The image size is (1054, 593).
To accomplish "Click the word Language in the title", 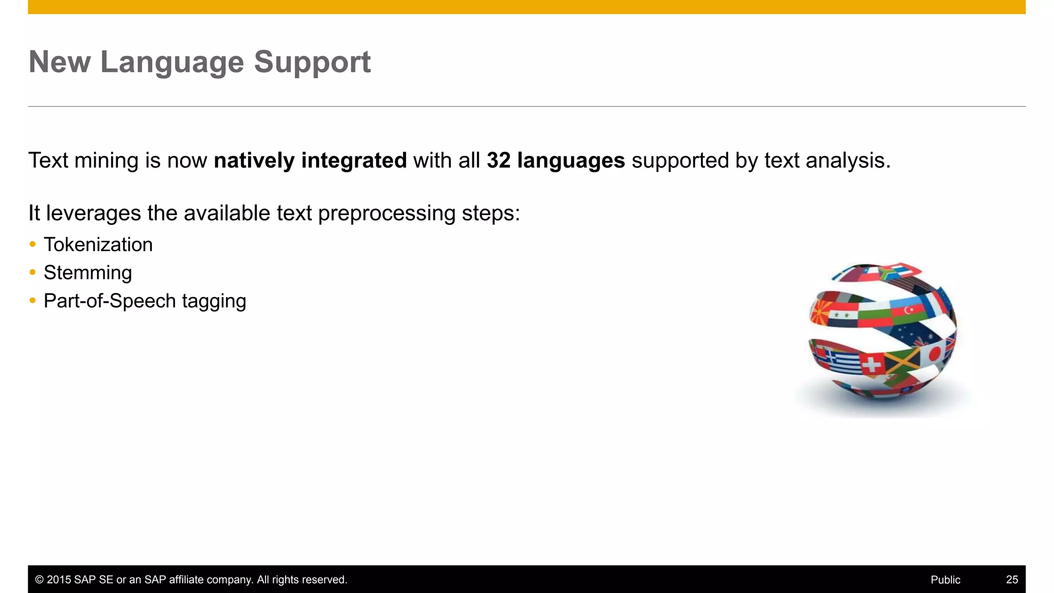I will (172, 63).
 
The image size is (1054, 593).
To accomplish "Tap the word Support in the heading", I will (312, 63).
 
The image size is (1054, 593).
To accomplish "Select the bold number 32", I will (498, 161).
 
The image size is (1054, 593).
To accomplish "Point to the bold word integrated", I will (354, 161).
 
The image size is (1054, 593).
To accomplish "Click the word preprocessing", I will (387, 213).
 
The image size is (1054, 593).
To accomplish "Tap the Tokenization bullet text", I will (98, 245).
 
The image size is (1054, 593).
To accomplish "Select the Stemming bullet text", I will (87, 273).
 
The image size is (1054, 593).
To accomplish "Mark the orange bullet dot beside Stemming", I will (32, 272).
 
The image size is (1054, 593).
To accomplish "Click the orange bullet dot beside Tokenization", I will (32, 244).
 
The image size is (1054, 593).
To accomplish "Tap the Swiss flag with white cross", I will (871, 365).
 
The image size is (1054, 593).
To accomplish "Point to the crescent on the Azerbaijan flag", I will (908, 310).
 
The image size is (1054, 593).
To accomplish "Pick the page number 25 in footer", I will (1011, 580).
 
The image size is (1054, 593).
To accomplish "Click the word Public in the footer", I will (945, 580).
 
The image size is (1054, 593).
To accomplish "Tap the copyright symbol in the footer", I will (39, 580).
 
